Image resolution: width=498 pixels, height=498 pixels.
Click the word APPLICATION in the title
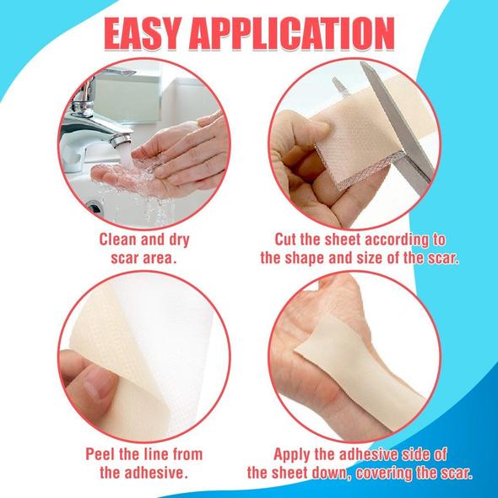(292, 34)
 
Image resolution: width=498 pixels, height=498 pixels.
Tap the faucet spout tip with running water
(121, 140)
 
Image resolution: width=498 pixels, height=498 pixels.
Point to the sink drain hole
(95, 208)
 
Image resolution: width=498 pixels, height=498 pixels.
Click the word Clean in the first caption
(118, 239)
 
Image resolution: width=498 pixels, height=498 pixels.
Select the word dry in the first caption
(178, 241)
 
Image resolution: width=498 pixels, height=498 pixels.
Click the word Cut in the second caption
(285, 239)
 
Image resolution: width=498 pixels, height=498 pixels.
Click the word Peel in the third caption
(100, 454)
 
